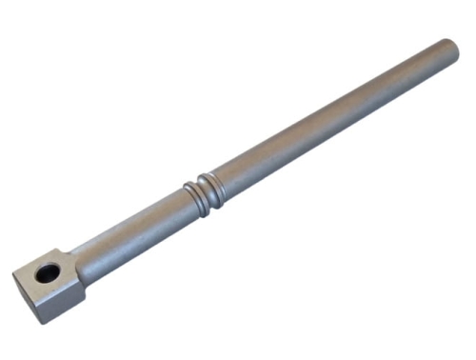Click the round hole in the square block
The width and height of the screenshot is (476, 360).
[x=47, y=274]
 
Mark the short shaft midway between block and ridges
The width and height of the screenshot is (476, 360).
[x=133, y=230]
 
